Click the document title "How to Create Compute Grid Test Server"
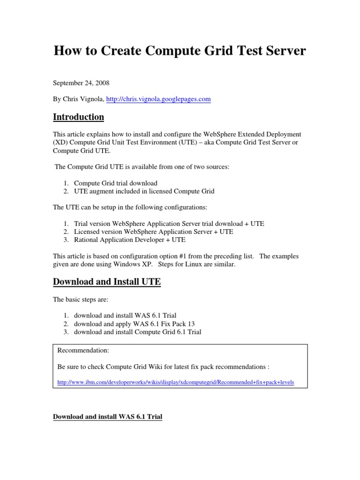click(x=180, y=51)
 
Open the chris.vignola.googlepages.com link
click(x=158, y=99)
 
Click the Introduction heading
click(x=78, y=117)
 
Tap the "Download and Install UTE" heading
click(x=107, y=282)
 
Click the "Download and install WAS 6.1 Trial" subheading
click(x=107, y=416)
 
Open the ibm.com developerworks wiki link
click(x=175, y=382)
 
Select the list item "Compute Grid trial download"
click(x=115, y=183)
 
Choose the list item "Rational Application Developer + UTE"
click(x=129, y=240)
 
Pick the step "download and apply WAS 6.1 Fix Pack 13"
click(x=134, y=324)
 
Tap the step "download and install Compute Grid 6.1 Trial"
click(x=137, y=332)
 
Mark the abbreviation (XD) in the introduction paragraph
click(x=60, y=142)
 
